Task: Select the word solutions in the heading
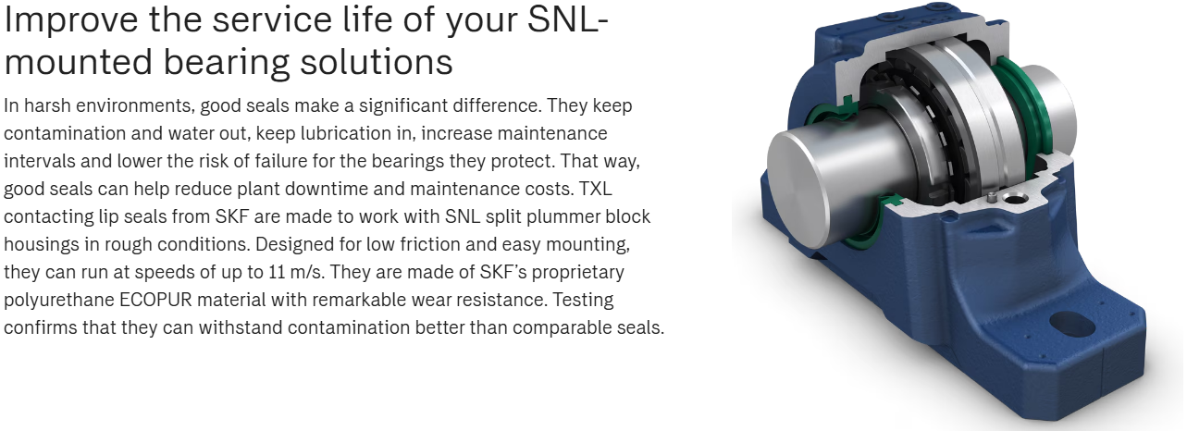(x=377, y=62)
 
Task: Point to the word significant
(x=402, y=105)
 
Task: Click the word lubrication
(x=346, y=133)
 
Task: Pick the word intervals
(x=39, y=161)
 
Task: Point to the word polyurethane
(x=59, y=300)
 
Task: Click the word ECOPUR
(x=155, y=300)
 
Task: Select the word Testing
(x=583, y=300)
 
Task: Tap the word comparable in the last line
(x=562, y=327)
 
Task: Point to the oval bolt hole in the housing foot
(x=1072, y=324)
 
